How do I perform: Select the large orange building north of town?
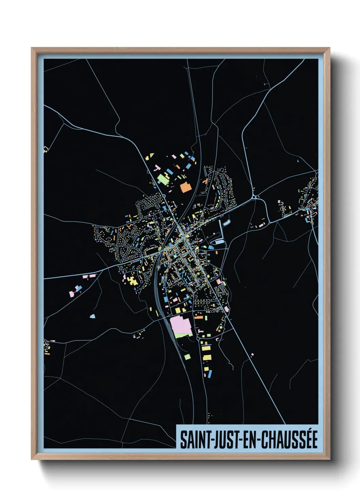(185, 187)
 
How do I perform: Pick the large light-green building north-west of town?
(163, 179)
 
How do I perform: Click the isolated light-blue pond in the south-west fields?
(92, 316)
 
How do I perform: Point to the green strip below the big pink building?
(183, 335)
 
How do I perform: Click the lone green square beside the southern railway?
(187, 357)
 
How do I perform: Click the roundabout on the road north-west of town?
(164, 196)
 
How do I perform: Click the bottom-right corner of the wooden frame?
(329, 459)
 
